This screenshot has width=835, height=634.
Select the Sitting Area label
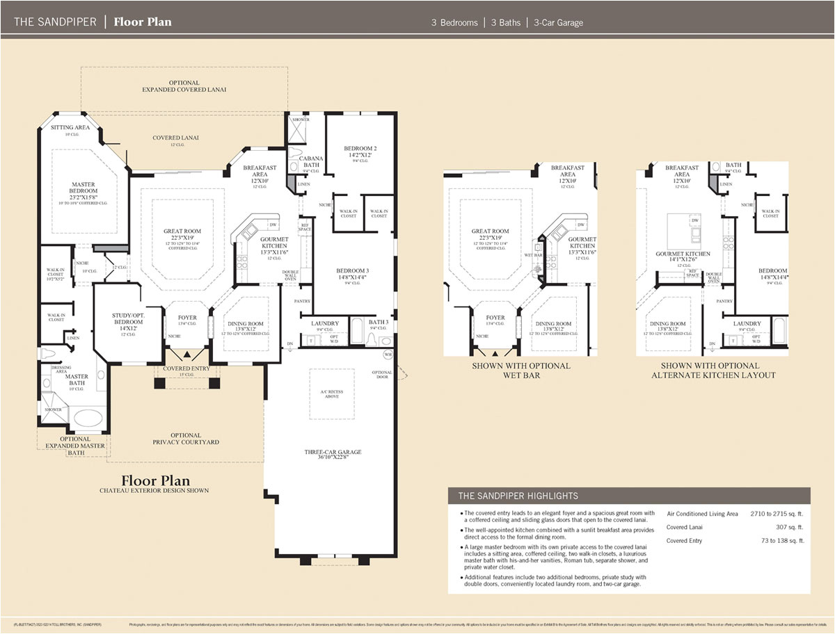[70, 128]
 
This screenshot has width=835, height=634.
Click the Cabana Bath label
[311, 162]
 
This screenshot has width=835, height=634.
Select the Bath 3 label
[379, 323]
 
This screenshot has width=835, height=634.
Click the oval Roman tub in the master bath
[86, 418]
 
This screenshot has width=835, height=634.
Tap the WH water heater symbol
[388, 355]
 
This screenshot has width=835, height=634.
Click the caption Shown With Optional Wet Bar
[520, 370]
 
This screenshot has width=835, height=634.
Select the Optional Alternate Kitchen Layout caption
[713, 370]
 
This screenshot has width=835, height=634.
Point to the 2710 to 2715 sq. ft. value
[777, 514]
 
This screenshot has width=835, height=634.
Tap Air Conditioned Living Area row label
[701, 514]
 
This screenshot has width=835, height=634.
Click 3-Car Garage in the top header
[558, 22]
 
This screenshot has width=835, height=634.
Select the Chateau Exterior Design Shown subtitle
[154, 491]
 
